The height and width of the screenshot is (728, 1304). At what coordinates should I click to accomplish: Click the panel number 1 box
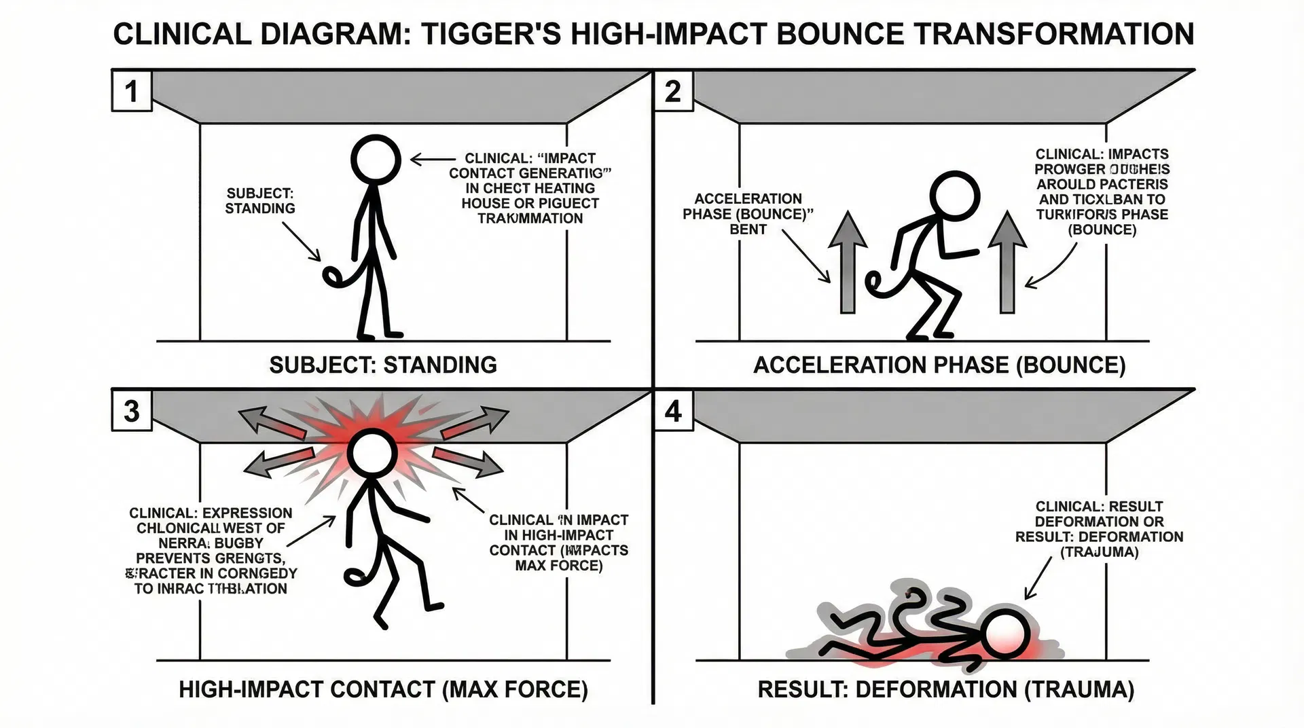[131, 91]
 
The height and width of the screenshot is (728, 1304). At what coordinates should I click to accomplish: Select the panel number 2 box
[672, 91]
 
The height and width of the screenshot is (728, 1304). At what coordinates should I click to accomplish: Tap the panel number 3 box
[131, 411]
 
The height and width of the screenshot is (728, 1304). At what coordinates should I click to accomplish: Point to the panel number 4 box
[672, 411]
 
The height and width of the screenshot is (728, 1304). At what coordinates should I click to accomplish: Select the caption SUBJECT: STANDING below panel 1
[383, 365]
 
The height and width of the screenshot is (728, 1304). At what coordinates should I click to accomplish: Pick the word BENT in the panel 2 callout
[748, 230]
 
